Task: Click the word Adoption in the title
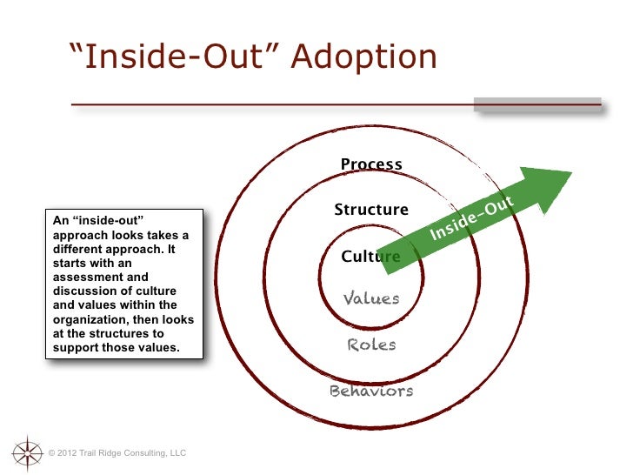(363, 57)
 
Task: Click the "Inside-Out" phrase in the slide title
(174, 57)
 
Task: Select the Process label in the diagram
(371, 164)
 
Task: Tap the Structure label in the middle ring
(371, 210)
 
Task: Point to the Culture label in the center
(370, 257)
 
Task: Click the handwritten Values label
(371, 299)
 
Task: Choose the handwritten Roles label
(371, 345)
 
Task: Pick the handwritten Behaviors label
(371, 391)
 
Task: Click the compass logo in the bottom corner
(27, 452)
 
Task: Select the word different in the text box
(79, 249)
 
